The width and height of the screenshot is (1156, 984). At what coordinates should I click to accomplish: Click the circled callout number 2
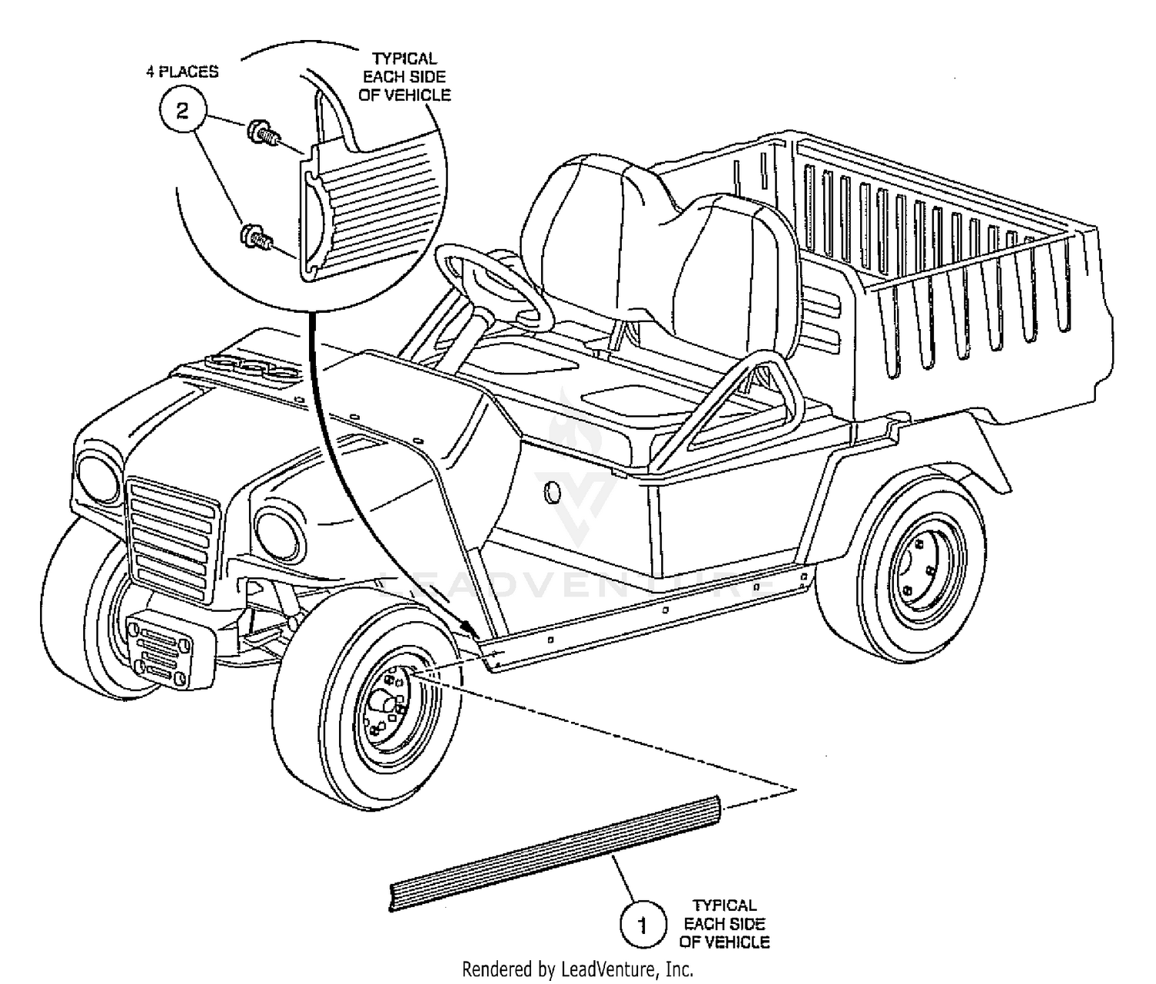183,111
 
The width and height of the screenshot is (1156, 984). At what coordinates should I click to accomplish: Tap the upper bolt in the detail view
264,133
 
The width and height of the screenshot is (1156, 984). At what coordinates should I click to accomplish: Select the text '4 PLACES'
183,72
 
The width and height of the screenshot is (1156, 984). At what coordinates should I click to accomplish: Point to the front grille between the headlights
172,541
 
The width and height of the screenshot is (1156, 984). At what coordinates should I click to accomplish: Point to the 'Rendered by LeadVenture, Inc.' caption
578,969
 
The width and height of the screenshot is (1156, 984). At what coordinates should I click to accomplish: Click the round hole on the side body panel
552,492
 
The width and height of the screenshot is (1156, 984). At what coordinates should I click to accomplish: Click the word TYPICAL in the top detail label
405,59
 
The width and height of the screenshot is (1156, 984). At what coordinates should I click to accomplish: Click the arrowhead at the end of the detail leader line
469,630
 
